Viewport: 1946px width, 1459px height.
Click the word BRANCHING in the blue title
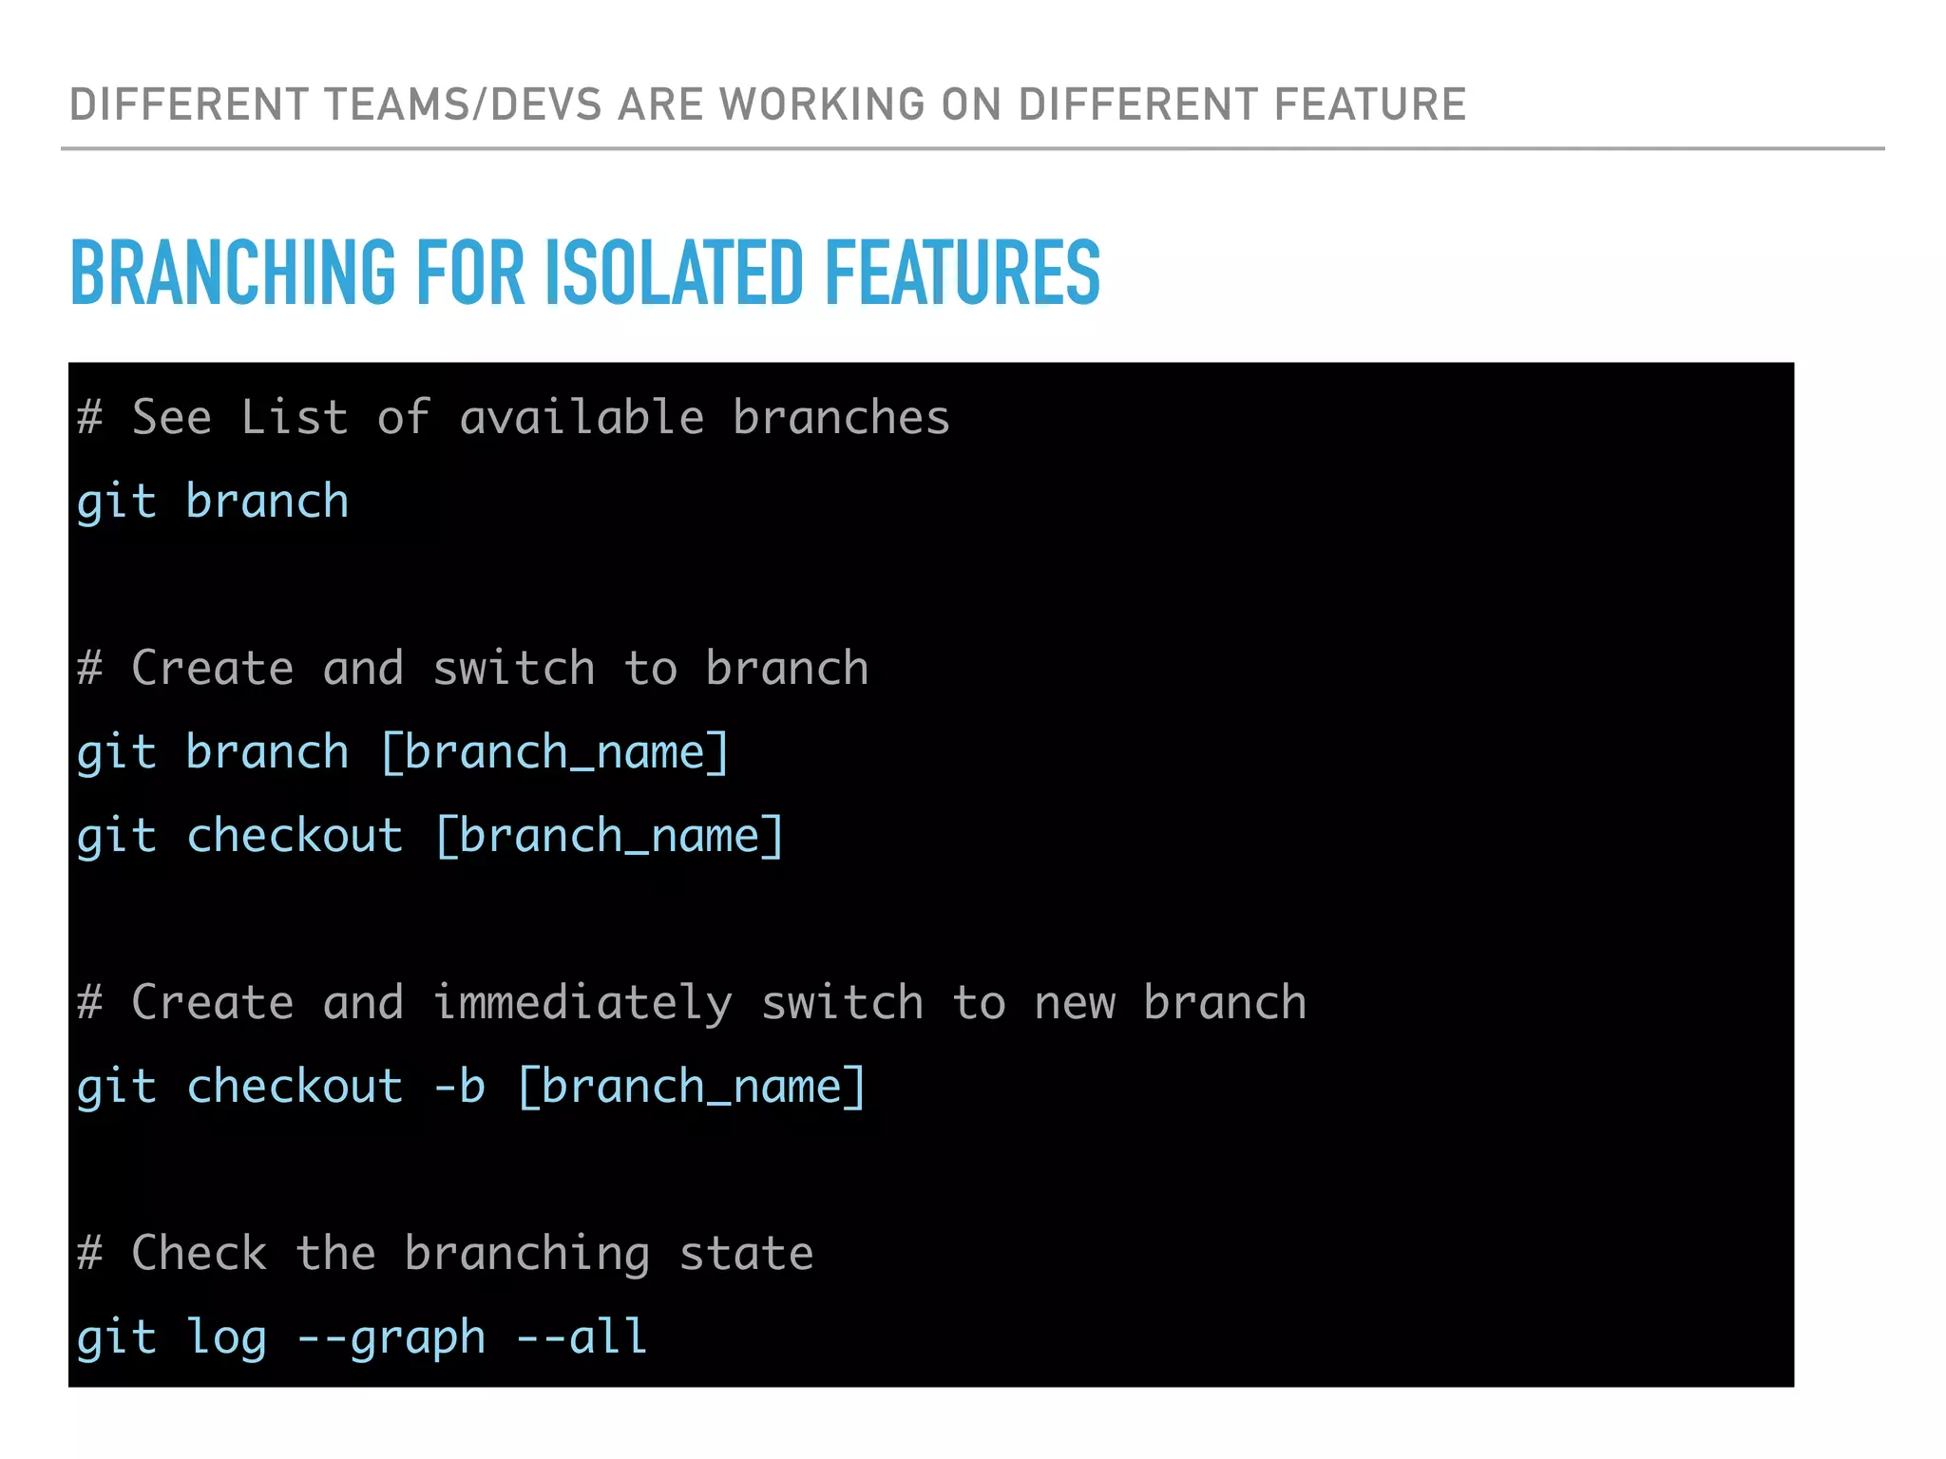233,274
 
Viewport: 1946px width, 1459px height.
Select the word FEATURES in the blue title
963,274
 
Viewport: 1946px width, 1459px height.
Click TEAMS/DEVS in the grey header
463,104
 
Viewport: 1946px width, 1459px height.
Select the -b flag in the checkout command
460,1087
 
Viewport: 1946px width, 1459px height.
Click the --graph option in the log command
391,1337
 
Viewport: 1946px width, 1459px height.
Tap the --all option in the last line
582,1337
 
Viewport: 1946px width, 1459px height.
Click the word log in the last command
226,1337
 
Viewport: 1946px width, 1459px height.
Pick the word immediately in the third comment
582,1004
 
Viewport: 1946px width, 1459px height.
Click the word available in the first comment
582,418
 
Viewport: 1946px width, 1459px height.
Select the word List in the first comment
294,418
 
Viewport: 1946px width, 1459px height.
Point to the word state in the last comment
746,1254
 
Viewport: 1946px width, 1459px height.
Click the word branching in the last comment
527,1254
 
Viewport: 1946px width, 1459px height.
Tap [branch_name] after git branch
555,753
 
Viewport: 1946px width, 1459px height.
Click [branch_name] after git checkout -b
692,1087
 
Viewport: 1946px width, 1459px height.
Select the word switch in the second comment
514,669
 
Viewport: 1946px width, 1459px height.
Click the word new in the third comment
1075,1004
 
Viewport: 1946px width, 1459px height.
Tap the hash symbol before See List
90,418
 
